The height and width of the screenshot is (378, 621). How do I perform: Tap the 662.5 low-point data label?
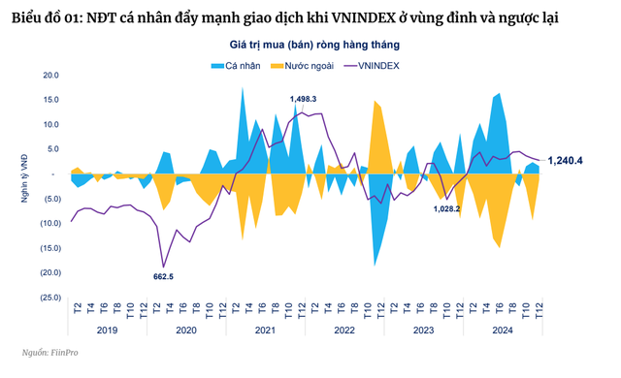click(164, 276)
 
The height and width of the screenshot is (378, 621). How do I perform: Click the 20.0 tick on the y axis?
click(51, 75)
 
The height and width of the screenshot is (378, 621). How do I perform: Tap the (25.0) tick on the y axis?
click(49, 297)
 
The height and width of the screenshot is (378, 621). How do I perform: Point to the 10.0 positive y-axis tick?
click(51, 124)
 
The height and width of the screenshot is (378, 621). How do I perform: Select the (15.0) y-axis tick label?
click(49, 247)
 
